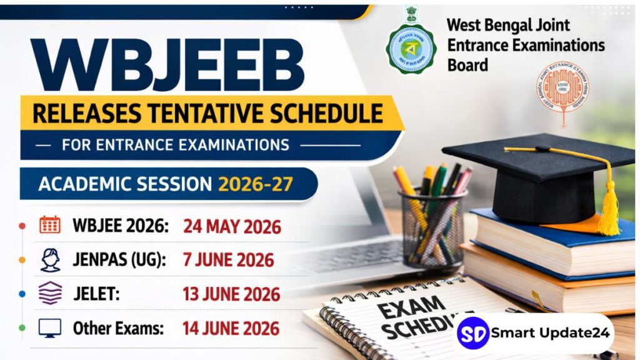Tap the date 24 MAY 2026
pos(232,226)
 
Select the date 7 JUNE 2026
pos(229,259)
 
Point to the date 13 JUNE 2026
pos(231,293)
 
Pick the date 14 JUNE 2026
pos(231,327)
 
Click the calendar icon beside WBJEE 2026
pos(50,225)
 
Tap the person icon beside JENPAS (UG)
pos(50,259)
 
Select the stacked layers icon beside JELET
pos(50,292)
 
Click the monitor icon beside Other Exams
pos(50,327)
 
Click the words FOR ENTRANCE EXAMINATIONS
pos(176,145)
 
